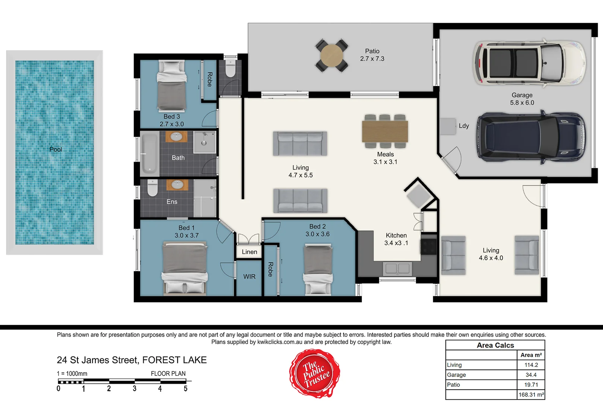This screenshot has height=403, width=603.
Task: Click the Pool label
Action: click(55, 149)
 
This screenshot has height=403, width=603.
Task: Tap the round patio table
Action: click(332, 56)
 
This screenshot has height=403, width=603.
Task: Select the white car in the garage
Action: click(529, 63)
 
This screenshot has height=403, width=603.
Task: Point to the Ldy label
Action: click(464, 126)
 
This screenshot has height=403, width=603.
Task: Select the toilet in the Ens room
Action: click(152, 188)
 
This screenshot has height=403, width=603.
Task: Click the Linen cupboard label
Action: click(249, 252)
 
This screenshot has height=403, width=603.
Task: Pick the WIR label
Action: click(249, 277)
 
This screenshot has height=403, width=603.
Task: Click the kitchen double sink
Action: click(397, 268)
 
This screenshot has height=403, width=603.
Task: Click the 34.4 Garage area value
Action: click(531, 375)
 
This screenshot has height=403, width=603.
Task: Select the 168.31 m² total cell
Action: click(531, 394)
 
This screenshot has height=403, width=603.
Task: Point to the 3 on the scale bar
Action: click(134, 389)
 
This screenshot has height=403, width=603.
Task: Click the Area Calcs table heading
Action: click(495, 345)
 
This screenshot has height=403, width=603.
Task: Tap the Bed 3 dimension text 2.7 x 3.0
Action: click(172, 124)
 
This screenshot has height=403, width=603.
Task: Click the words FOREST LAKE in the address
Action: click(174, 360)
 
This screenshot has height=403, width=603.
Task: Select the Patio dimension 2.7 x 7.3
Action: click(372, 59)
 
